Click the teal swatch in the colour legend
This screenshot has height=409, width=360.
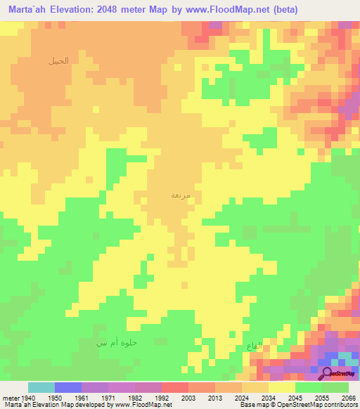click(x=41, y=387)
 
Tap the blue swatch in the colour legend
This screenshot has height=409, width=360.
click(x=67, y=387)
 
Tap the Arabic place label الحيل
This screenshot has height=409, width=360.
click(x=59, y=60)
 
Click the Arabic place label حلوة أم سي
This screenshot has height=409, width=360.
click(x=116, y=342)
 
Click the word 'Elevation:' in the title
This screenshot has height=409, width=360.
click(x=81, y=10)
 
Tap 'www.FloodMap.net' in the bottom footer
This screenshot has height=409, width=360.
click(x=143, y=405)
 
